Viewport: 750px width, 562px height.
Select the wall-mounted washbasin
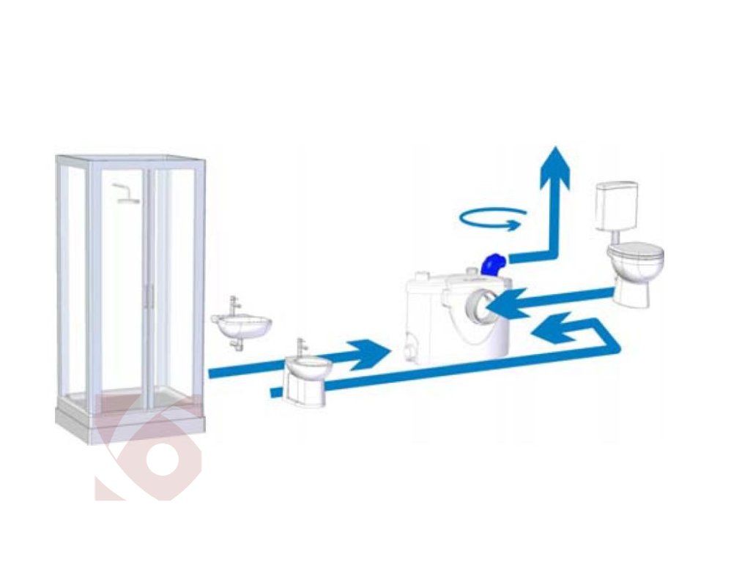tap(241, 326)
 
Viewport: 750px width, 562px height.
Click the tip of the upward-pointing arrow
tap(555, 149)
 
